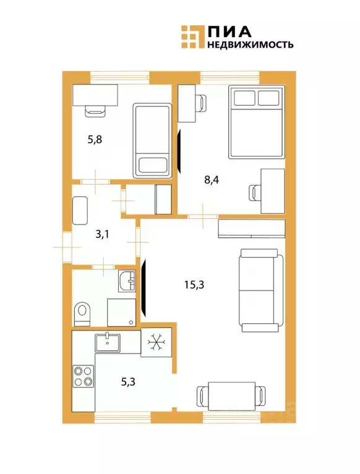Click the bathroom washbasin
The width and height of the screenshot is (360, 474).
click(126, 281)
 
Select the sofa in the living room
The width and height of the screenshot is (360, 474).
click(260, 289)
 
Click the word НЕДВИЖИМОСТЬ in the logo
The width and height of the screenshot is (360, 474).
click(250, 45)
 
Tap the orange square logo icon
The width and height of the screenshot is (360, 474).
click(191, 36)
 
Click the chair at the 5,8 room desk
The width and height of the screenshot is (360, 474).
click(95, 110)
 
